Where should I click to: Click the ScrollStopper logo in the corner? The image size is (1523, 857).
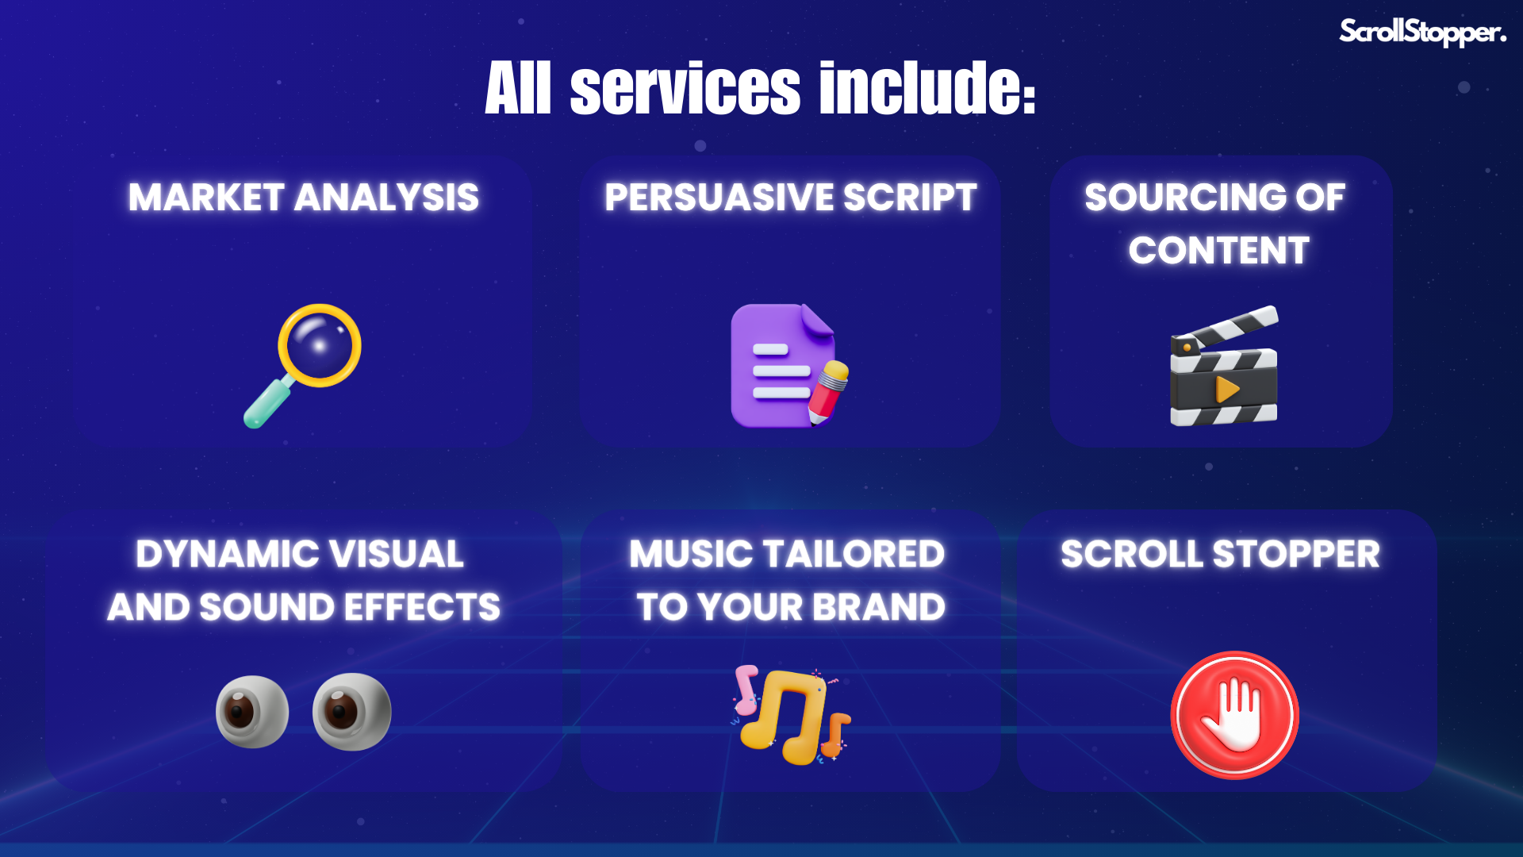[1422, 32]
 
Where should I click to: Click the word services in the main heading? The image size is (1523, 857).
[685, 88]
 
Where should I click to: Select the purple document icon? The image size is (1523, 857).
[781, 366]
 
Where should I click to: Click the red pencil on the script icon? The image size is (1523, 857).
[827, 392]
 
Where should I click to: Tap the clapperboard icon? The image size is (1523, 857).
[1224, 366]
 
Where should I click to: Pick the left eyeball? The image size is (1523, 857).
[252, 712]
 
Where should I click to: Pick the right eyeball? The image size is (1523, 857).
[351, 711]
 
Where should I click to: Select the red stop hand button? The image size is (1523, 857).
[1234, 715]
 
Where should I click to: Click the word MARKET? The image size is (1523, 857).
[206, 197]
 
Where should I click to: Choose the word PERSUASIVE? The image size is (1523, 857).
[717, 197]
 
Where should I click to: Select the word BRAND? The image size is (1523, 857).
[879, 607]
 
